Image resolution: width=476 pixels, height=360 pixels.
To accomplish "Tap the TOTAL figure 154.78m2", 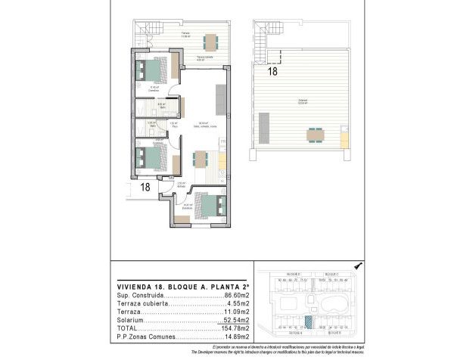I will [233, 328].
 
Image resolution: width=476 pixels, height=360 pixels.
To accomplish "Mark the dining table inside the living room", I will [201, 159].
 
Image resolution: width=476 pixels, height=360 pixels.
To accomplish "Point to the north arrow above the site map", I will [358, 266].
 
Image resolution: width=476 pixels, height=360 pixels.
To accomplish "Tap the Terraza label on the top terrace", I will [185, 34].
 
